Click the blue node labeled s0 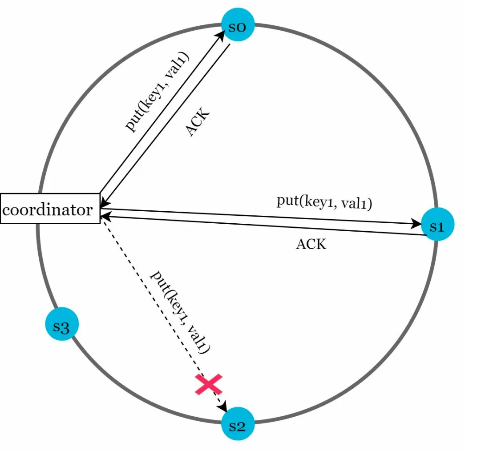pyautogui.click(x=238, y=24)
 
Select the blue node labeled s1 pyautogui.click(x=437, y=224)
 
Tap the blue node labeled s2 pyautogui.click(x=238, y=423)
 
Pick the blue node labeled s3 pyautogui.click(x=62, y=324)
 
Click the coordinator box pyautogui.click(x=50, y=209)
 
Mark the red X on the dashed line pyautogui.click(x=209, y=384)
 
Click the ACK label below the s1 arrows pyautogui.click(x=311, y=244)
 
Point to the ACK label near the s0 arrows pyautogui.click(x=198, y=121)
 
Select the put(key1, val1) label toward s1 pyautogui.click(x=324, y=202)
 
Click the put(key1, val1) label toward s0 pyautogui.click(x=157, y=92)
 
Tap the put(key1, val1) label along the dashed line pyautogui.click(x=180, y=312)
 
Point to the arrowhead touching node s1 pyautogui.click(x=416, y=224)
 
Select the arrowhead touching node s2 pyautogui.click(x=224, y=407)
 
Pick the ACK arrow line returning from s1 pyautogui.click(x=263, y=225)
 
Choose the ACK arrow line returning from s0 pyautogui.click(x=165, y=126)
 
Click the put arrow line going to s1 pyautogui.click(x=261, y=217)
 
